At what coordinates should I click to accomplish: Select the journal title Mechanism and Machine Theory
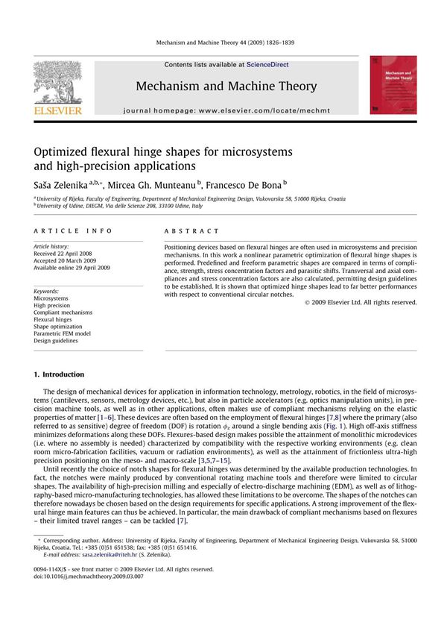coord(226,87)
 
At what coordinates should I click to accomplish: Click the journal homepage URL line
coord(226,110)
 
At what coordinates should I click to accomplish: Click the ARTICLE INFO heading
coord(72,231)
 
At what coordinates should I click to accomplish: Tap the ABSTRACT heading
coord(191,231)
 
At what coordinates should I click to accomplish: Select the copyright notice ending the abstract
coord(361,302)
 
